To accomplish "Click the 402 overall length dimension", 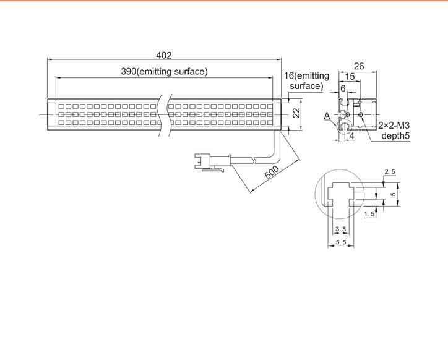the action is pos(164,55).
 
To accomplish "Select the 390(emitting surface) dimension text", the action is pos(164,71).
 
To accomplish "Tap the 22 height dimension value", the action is pos(297,113).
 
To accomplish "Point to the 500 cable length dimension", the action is pos(272,172).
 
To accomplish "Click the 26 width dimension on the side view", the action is pos(359,66).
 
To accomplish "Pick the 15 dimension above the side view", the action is pos(350,77).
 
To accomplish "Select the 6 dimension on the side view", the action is pos(343,88).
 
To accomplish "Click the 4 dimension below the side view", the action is pos(352,136).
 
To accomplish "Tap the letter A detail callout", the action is pos(327,116).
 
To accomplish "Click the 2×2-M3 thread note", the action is pos(394,125).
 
